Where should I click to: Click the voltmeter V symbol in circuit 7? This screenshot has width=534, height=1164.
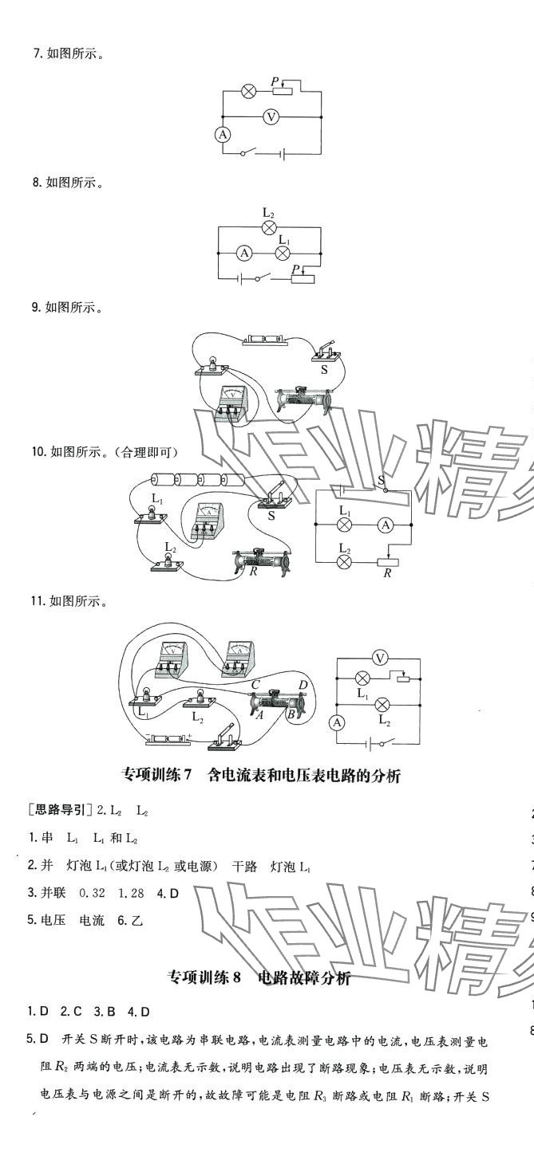click(271, 116)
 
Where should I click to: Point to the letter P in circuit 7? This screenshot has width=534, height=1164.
click(275, 81)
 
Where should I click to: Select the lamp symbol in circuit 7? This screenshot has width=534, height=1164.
click(248, 92)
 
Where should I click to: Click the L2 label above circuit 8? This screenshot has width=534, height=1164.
click(269, 213)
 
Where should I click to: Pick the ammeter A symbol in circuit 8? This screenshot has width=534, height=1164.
click(245, 253)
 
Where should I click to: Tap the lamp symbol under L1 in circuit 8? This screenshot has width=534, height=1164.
click(282, 253)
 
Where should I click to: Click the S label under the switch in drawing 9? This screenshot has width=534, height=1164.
click(324, 370)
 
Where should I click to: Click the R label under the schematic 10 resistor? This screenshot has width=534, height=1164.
click(386, 574)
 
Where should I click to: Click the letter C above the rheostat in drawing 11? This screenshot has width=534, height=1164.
click(255, 684)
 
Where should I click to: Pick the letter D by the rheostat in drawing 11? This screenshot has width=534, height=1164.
click(303, 685)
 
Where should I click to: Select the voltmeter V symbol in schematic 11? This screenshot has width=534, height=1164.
click(381, 658)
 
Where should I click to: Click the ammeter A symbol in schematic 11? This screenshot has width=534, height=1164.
click(337, 723)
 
